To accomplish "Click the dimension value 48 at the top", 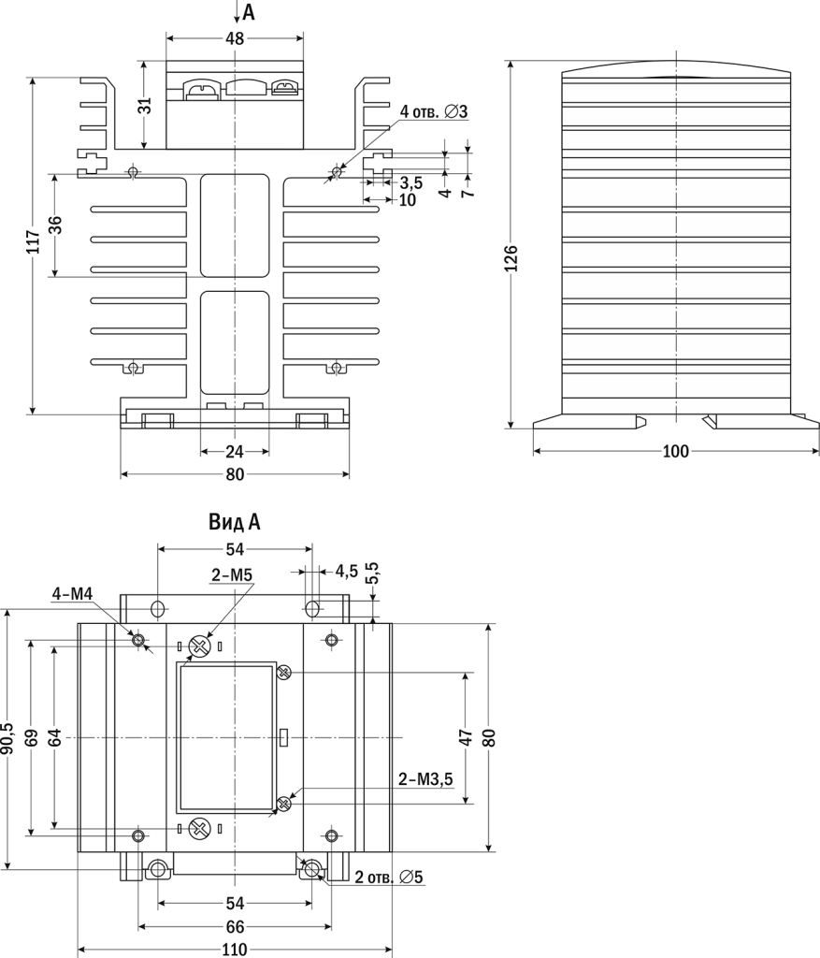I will click(x=235, y=38).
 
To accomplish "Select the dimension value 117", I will click(x=33, y=245).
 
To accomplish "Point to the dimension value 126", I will click(x=511, y=257).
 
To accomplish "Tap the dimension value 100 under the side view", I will click(x=675, y=452).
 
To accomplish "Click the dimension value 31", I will click(x=144, y=106).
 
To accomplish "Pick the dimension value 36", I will click(x=55, y=225).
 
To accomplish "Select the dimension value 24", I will click(x=235, y=451).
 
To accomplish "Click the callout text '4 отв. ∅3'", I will click(x=433, y=112).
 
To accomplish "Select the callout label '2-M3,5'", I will click(x=425, y=777).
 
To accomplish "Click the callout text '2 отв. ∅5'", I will click(x=389, y=878).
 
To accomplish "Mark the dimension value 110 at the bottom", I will click(x=234, y=950).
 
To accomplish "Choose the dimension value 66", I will click(x=235, y=927).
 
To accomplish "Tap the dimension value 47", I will click(x=465, y=737).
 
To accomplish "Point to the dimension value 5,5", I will click(x=373, y=573).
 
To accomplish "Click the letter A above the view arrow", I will click(x=248, y=11).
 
